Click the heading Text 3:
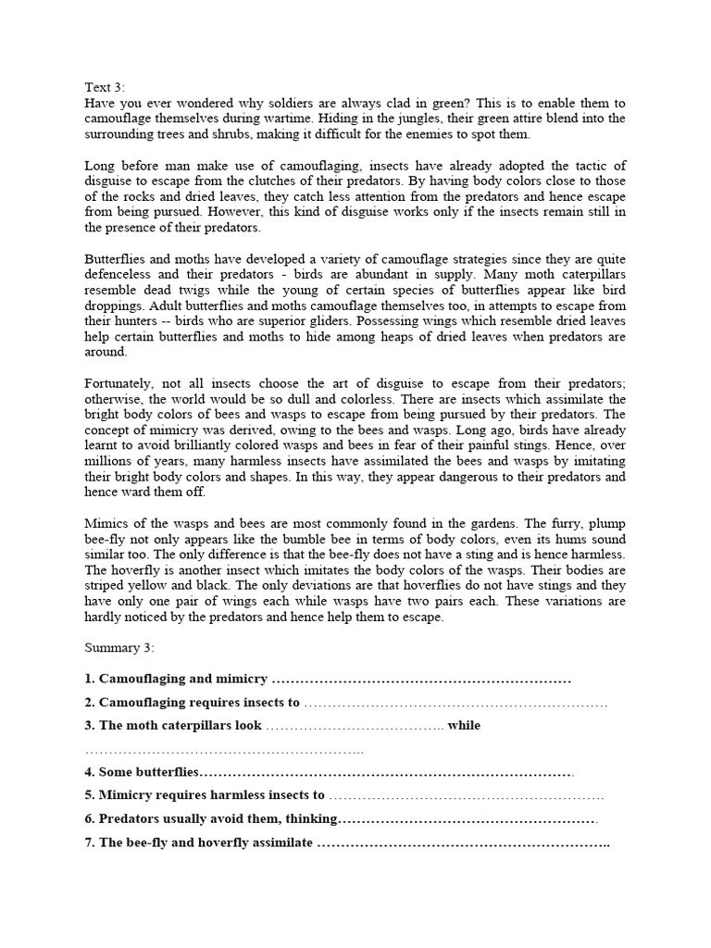tap(104, 87)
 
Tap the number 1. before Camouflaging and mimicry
tap(89, 680)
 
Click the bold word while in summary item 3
tap(464, 726)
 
